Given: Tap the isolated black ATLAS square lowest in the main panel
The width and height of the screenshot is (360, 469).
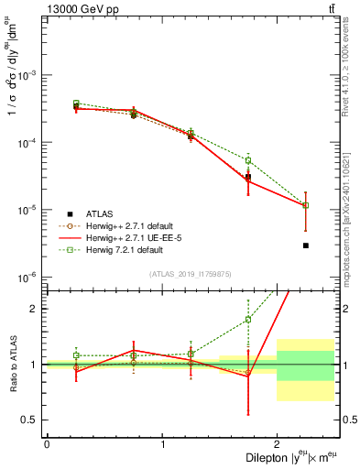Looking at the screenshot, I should [306, 245].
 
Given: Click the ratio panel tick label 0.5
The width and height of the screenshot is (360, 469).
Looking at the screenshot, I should [32, 420].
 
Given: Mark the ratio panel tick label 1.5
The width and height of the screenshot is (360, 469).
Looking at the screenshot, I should [32, 309].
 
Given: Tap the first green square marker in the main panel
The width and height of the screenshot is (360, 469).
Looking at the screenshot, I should [76, 104].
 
